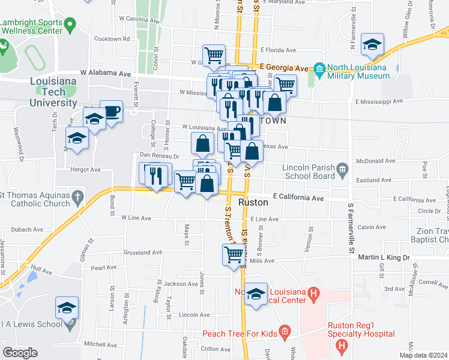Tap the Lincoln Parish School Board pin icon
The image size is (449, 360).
[343, 169]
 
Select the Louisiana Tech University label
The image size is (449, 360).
[54, 92]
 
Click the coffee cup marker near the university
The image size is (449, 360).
[112, 111]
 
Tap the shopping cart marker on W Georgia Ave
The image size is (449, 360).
[214, 55]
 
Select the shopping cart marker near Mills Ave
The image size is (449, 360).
[234, 254]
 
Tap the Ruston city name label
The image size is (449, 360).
[253, 202]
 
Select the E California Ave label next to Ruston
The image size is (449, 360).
[298, 197]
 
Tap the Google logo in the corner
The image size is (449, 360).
[20, 352]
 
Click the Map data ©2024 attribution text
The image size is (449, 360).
[423, 355]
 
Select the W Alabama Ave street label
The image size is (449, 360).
[109, 73]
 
